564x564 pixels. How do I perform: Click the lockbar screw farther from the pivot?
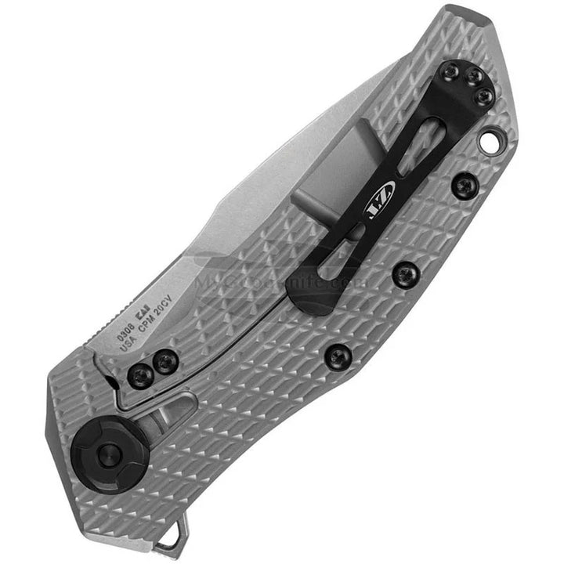coord(166,361)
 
